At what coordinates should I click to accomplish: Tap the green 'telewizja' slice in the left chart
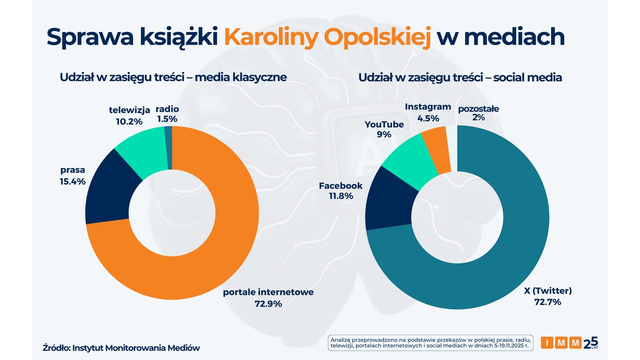pyautogui.click(x=142, y=150)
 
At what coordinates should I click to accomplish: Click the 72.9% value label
pyautogui.click(x=268, y=303)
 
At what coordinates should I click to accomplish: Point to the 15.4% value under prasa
pyautogui.click(x=72, y=181)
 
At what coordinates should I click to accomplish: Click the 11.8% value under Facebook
pyautogui.click(x=340, y=196)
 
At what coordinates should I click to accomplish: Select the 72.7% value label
pyautogui.click(x=547, y=302)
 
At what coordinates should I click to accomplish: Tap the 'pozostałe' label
pyautogui.click(x=478, y=108)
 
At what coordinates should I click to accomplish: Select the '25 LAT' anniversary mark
pyautogui.click(x=590, y=342)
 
